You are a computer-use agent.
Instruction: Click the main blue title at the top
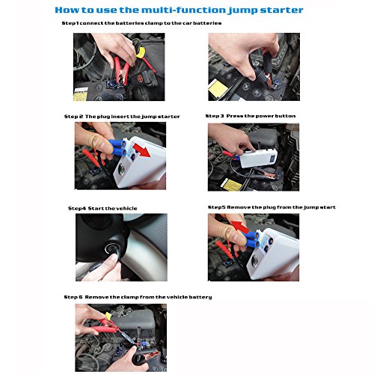point(179,10)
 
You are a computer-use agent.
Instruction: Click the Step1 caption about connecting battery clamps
point(141,23)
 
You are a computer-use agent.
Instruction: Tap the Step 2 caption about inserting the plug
point(122,117)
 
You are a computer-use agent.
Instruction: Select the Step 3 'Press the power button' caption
point(251,116)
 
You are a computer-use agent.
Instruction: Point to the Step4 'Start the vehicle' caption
point(102,208)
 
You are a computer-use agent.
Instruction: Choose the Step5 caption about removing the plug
point(272,207)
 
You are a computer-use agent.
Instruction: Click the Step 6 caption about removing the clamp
point(138,297)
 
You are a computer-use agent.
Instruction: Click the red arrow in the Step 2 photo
point(141,150)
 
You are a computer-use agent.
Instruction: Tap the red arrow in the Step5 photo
point(240,227)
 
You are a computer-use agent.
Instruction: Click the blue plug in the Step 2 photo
point(117,147)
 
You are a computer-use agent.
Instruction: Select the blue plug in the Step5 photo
point(251,239)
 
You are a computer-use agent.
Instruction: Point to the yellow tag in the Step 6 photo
point(108,316)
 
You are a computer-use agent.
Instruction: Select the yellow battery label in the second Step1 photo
point(218,88)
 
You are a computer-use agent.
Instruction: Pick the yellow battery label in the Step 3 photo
point(232,185)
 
